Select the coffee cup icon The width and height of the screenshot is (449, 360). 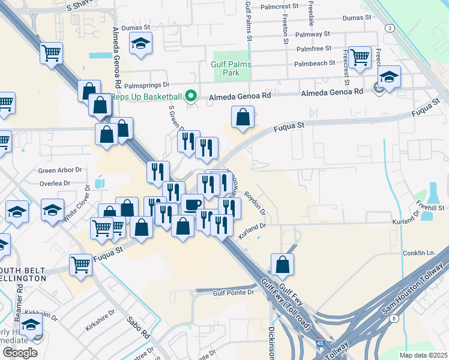pyautogui.click(x=192, y=205)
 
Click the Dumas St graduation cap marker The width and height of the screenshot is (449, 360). pyautogui.click(x=141, y=44)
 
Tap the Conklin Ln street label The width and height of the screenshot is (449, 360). pyautogui.click(x=418, y=253)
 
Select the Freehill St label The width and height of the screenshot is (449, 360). pyautogui.click(x=432, y=208)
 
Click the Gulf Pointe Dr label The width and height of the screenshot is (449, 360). pyautogui.click(x=234, y=293)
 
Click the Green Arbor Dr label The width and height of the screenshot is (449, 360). pyautogui.click(x=55, y=170)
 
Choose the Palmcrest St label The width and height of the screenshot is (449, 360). pyautogui.click(x=280, y=7)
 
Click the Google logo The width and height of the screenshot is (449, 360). pyautogui.click(x=20, y=353)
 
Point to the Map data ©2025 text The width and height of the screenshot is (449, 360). pyautogui.click(x=423, y=355)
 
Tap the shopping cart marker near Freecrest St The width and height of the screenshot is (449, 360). pyautogui.click(x=360, y=57)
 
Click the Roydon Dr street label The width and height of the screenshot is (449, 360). pyautogui.click(x=255, y=205)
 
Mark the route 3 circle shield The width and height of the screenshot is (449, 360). pyautogui.click(x=390, y=28)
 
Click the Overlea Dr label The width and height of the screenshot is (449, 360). pyautogui.click(x=55, y=184)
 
